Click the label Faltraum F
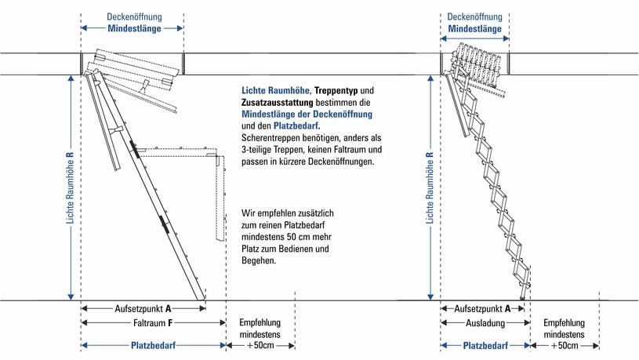[x=154, y=322]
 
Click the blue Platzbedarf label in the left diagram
[x=154, y=345]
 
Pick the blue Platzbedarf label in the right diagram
[x=483, y=345]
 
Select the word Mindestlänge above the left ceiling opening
[x=134, y=28]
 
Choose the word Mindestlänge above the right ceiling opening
[x=475, y=28]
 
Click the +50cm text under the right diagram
[x=565, y=345]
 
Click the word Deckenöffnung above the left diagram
[x=134, y=16]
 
